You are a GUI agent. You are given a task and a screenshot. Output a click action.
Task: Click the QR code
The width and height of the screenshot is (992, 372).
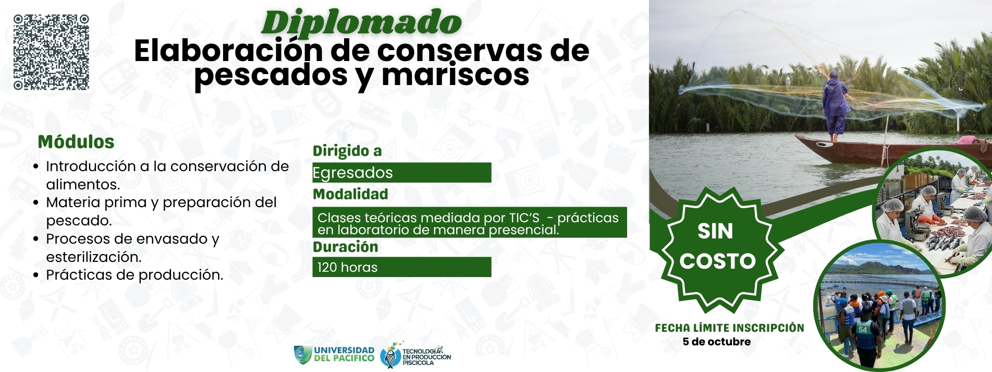51,52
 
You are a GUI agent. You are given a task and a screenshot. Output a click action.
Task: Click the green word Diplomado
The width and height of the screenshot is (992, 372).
362,23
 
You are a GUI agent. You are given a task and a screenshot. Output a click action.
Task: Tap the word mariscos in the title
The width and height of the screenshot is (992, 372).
456,75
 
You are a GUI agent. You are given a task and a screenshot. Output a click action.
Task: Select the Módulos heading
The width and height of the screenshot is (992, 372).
76,142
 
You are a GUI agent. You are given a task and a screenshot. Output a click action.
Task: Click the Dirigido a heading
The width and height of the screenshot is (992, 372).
347,151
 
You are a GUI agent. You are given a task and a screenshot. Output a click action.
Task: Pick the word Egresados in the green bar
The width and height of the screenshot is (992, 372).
353,173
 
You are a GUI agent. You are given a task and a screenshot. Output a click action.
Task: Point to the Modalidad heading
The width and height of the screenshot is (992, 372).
350,194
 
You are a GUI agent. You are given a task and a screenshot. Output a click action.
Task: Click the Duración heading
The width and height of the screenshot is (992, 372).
345,247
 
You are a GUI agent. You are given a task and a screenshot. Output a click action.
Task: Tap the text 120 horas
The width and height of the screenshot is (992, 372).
347,267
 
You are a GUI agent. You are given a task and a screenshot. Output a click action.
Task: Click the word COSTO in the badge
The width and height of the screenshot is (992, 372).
717,261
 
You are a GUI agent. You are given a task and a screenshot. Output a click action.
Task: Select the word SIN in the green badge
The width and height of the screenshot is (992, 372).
715,231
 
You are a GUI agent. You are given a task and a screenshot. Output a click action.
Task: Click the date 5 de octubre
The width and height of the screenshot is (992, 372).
717,342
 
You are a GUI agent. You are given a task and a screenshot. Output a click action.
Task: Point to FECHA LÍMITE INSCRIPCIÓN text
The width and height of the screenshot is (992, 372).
729,328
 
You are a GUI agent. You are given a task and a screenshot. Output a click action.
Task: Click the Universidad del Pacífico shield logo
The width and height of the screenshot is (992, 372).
302,355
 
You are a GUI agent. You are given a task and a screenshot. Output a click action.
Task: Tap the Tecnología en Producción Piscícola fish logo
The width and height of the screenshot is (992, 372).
390,355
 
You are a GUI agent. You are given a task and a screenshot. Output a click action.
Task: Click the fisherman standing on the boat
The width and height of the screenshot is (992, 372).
835,107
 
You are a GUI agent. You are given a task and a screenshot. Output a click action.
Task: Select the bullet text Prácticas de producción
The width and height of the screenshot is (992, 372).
134,275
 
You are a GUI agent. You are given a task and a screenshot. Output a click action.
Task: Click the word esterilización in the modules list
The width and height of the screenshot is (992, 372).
94,257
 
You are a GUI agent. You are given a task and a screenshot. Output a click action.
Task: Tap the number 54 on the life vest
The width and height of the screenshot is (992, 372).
863,329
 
